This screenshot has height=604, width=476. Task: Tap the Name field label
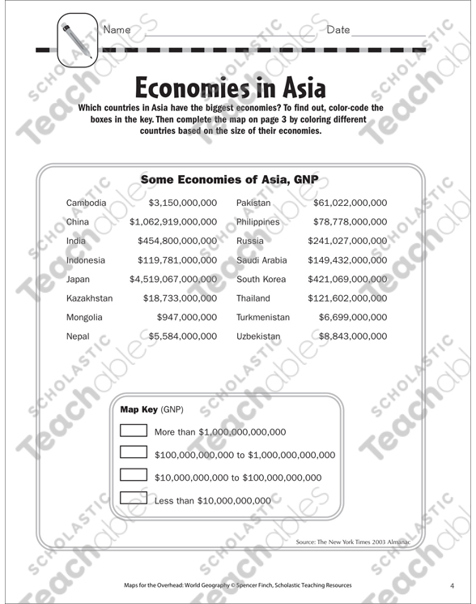(117, 30)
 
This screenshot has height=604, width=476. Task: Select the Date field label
(338, 30)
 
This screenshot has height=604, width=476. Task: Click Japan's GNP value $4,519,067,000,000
(173, 279)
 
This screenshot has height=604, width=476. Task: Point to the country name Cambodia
(86, 203)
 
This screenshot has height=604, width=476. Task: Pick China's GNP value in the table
(173, 221)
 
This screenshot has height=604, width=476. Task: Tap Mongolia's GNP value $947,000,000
(188, 317)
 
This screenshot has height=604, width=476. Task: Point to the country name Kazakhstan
(90, 298)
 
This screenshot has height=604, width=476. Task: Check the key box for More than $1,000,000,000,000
(133, 431)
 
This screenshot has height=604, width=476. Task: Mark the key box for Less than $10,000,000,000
(133, 499)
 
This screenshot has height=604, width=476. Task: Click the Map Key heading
(138, 409)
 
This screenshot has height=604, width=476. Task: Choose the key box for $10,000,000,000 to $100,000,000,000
(133, 476)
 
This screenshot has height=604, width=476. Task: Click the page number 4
(452, 585)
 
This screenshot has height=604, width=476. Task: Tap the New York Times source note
(365, 539)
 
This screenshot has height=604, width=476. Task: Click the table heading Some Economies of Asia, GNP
(229, 179)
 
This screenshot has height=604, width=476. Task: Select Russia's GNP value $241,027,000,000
(347, 241)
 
